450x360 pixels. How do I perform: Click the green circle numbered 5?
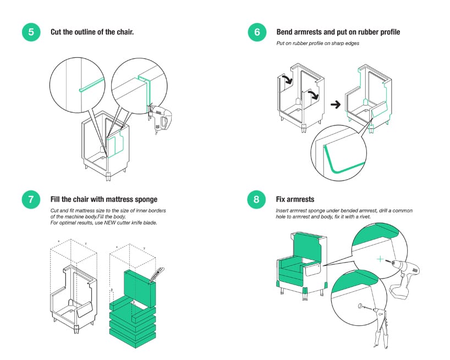click(31, 32)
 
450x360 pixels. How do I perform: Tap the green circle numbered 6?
click(257, 32)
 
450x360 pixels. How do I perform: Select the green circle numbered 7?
click(31, 200)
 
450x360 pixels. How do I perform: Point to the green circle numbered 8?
click(257, 200)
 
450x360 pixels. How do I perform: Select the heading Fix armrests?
click(295, 199)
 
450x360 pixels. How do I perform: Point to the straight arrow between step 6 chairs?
click(333, 103)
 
